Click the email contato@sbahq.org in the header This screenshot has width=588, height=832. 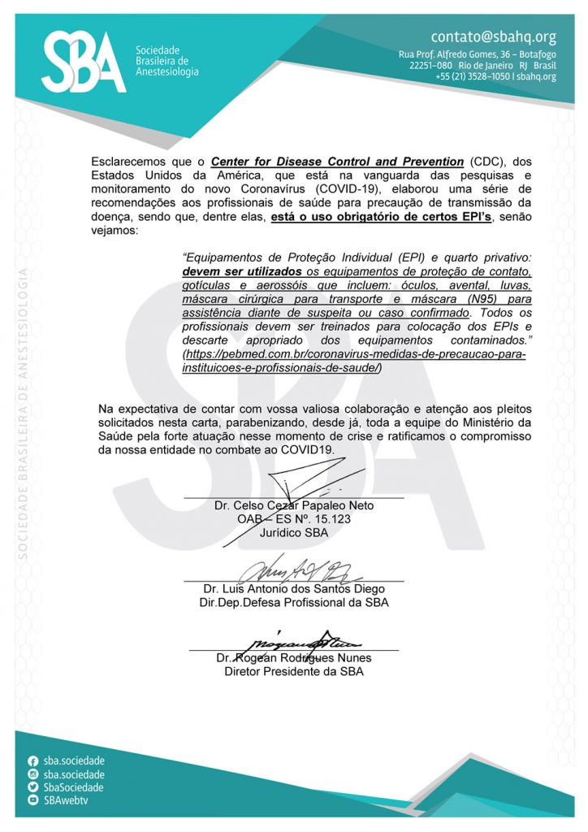point(493,37)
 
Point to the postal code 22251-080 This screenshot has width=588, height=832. point(430,65)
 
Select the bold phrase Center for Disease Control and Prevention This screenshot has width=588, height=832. point(337,161)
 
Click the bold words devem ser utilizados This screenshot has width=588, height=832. point(243,271)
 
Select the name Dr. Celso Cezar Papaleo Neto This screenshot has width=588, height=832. point(294,505)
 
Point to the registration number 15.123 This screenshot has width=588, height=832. point(333,519)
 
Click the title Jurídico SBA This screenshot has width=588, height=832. point(294,533)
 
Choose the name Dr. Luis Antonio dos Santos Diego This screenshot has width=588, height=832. point(294,589)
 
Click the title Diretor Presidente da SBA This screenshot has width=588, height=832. point(294,672)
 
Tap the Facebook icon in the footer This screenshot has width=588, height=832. point(33,761)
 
